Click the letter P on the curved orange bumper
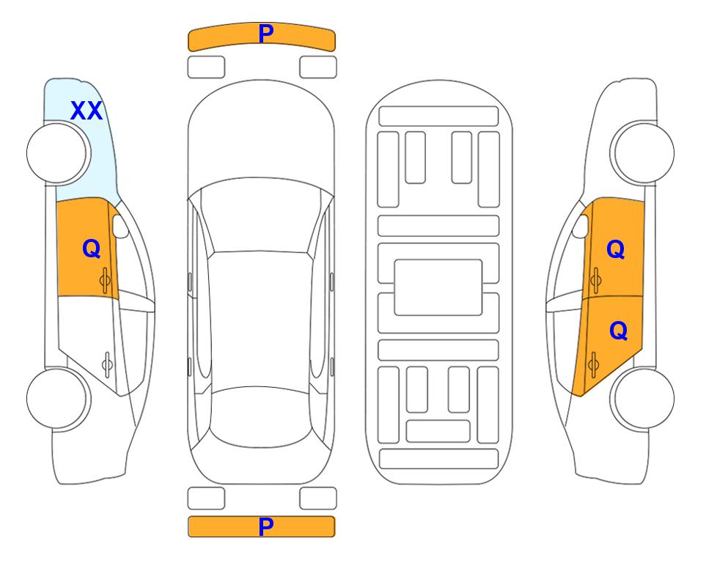266,34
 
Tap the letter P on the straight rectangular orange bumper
266,526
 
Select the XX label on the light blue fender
87,111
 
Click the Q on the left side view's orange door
92,249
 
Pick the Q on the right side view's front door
616,249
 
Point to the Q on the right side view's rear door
618,331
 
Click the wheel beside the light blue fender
59,153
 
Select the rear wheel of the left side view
59,399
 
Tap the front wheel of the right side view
642,152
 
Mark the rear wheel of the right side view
642,398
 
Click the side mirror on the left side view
120,226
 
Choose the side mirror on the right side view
581,226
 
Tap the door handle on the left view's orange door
106,281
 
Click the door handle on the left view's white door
107,364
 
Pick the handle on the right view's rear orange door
593,364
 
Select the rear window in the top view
261,416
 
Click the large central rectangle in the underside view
438,287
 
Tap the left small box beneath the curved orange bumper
206,67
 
